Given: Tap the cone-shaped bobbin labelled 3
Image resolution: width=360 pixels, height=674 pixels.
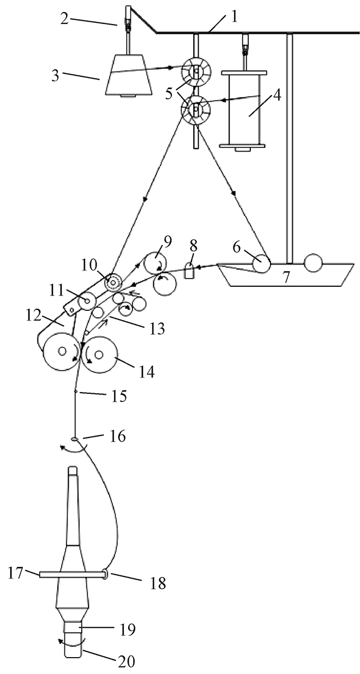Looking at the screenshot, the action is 129,75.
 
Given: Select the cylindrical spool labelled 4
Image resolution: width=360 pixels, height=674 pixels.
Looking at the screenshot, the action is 244,110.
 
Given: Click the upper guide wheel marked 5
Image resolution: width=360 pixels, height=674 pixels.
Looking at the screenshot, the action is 196,71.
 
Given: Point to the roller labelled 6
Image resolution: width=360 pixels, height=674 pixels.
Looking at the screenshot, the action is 261,263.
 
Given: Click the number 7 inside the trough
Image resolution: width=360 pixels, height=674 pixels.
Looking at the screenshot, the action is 285,278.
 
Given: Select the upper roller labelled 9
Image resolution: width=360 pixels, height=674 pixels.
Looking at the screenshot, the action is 155,263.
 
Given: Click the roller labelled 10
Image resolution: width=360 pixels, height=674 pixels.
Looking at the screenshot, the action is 112,283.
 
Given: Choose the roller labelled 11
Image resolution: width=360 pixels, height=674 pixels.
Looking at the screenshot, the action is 86,301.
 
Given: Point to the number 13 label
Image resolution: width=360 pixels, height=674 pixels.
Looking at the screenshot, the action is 157,329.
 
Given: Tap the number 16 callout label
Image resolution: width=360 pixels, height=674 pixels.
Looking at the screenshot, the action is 118,436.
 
